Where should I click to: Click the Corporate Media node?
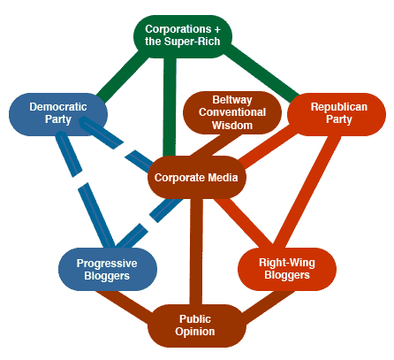coord(197,177)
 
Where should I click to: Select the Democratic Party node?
coord(58,114)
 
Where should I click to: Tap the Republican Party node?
coord(337,114)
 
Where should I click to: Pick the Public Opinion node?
coord(197,326)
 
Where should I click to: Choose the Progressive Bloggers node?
coord(108,269)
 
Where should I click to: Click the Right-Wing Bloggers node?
coord(287,269)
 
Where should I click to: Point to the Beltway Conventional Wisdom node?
coord(232,112)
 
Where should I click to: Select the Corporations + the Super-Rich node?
coord(183,36)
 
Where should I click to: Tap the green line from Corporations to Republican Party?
coord(261,73)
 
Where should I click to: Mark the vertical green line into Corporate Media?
coord(170,107)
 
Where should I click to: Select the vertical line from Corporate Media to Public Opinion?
coord(196,251)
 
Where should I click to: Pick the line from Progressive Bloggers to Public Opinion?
coord(125,303)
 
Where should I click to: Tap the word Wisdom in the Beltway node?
coord(232,126)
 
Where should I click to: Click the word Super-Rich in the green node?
coord(192,42)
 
